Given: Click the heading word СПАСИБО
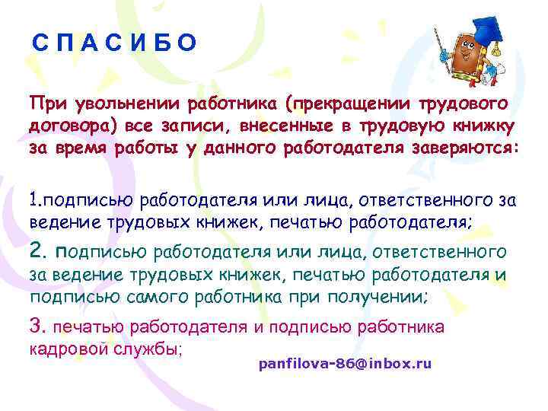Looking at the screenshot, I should click(x=114, y=43).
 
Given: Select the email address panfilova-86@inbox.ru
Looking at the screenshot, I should click(x=345, y=364).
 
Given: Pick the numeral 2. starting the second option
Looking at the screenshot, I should click(x=39, y=250).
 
